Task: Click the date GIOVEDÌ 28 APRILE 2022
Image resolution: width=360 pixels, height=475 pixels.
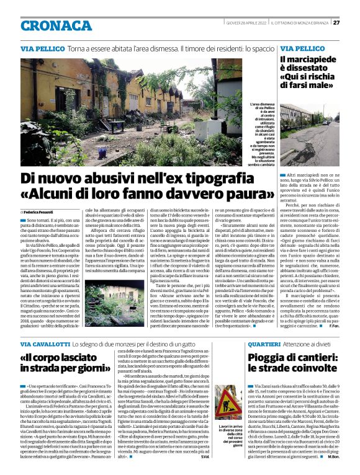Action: coord(243,23)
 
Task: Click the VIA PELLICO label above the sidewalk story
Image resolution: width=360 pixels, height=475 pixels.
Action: coord(302,48)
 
